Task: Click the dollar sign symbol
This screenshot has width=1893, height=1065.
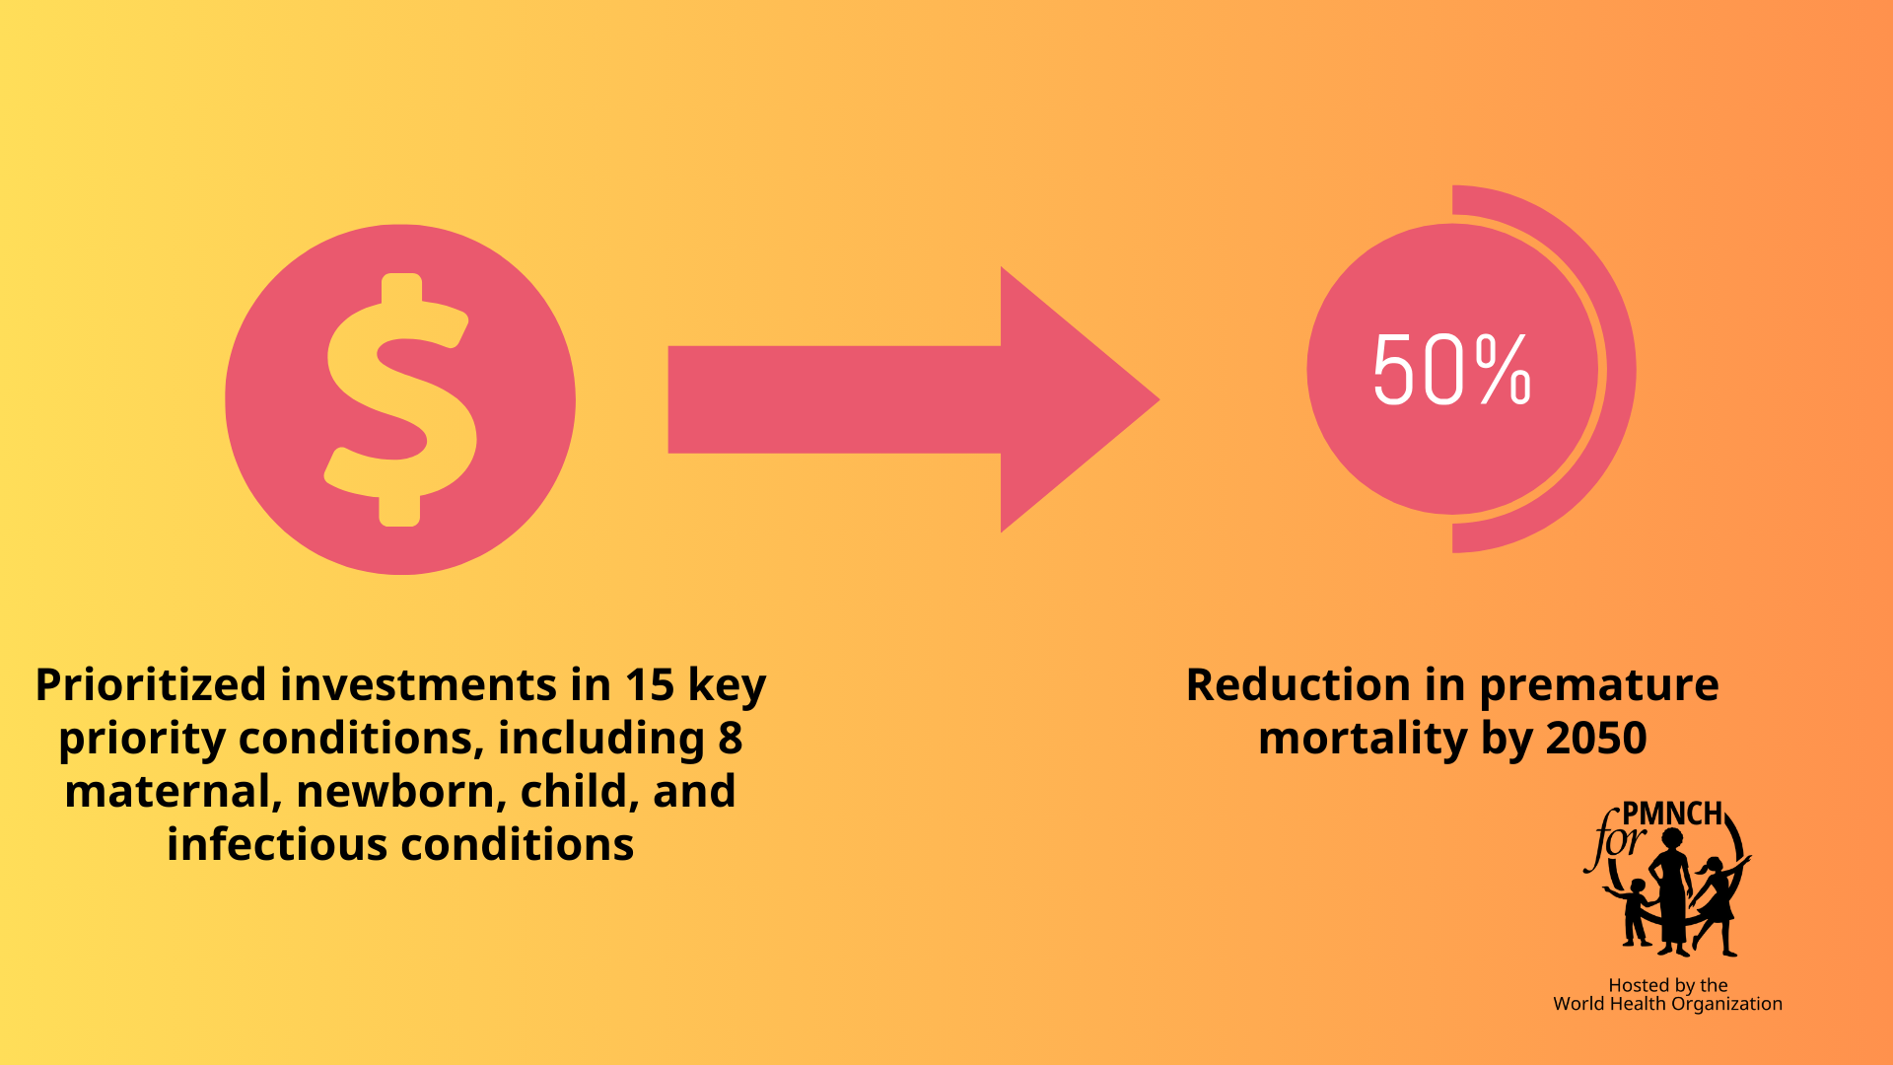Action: coord(401,399)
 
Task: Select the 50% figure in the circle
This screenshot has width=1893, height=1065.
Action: coord(1451,370)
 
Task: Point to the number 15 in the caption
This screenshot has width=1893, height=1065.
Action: coord(650,685)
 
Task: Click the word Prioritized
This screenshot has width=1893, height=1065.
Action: coord(151,685)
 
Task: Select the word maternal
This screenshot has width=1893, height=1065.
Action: coord(173,792)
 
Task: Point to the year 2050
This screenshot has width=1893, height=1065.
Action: coord(1597,739)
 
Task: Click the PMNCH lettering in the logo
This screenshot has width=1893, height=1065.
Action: coord(1672,814)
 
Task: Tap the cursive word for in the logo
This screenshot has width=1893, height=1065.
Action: coord(1614,840)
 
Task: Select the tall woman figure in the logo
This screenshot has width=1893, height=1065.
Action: coord(1672,892)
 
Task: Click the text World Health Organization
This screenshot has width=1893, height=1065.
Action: coord(1667,1004)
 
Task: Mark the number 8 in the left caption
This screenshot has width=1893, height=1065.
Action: coord(730,739)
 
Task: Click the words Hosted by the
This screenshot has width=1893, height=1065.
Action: coord(1668,985)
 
